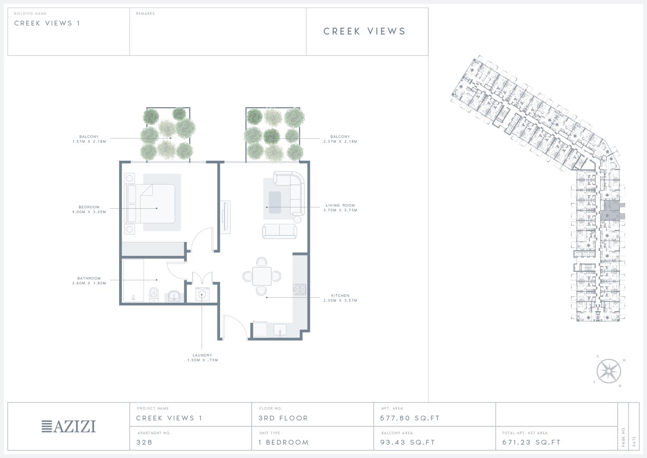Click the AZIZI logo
point(69,426)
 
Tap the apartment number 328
point(144,442)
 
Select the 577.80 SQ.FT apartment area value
point(410,418)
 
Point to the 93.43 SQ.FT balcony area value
point(407,442)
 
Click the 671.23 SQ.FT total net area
point(531,442)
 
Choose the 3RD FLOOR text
point(283,418)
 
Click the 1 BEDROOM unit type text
point(284,442)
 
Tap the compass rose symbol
point(609,371)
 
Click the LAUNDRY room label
point(202,355)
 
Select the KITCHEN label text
point(340,296)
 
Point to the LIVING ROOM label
point(340,205)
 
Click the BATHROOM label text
point(89,278)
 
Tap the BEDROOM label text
point(89,207)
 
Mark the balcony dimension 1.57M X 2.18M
point(89,141)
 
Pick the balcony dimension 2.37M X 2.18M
point(340,141)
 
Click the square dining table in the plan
point(262,277)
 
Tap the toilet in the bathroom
point(154,295)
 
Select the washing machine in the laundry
point(202,294)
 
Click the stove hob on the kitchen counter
point(300,289)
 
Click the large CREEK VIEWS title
point(365,31)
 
